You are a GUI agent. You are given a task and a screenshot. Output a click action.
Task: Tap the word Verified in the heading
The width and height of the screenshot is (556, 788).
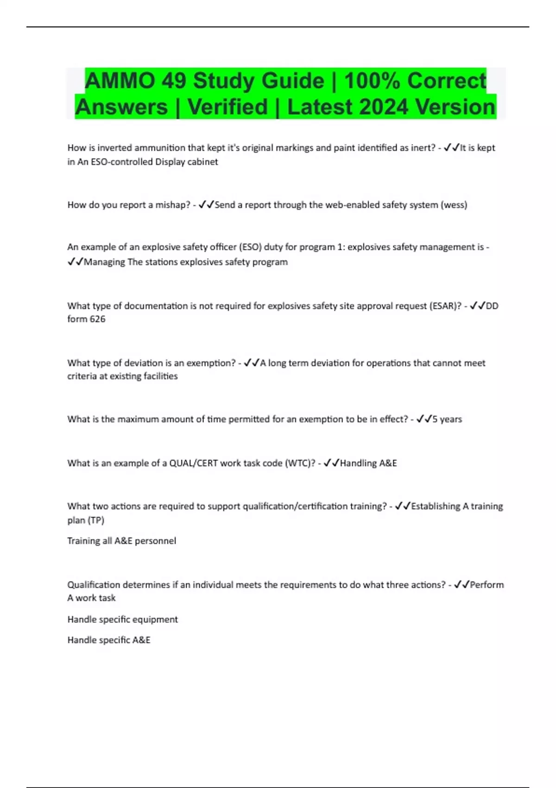tap(227, 107)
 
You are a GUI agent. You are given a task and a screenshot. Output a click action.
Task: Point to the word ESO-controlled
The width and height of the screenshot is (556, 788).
tap(122, 162)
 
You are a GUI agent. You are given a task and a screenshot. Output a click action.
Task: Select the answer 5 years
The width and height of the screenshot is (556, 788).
tap(447, 419)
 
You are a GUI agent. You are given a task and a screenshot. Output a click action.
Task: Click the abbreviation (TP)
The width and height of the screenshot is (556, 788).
tap(95, 520)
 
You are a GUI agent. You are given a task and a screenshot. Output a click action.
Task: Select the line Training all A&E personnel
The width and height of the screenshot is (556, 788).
tap(121, 540)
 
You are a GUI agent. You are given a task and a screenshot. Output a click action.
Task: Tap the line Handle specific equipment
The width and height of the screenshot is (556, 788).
tap(122, 619)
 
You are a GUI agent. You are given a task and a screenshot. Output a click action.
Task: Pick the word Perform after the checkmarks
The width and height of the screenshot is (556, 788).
tap(486, 585)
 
